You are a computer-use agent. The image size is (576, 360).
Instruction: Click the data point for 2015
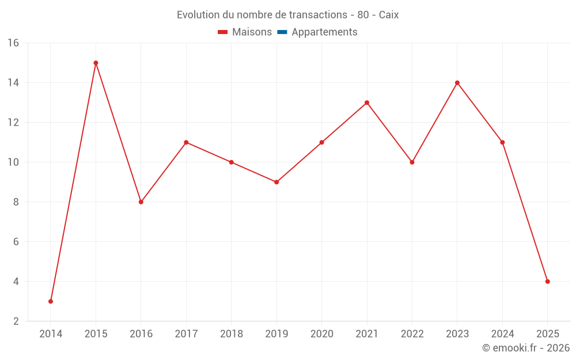[96, 63]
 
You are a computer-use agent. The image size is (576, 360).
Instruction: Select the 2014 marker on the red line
[51, 301]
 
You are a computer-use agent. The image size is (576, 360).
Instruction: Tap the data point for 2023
[457, 83]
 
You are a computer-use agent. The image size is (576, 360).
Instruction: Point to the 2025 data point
[547, 282]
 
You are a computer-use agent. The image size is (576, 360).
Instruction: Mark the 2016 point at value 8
[141, 202]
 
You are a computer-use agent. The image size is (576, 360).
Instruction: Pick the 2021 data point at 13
[367, 103]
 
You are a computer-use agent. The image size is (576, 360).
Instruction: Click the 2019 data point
[276, 182]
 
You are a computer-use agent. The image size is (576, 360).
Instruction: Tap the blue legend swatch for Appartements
[282, 32]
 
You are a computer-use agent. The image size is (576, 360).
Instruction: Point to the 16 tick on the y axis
[13, 43]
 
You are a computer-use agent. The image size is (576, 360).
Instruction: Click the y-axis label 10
[13, 162]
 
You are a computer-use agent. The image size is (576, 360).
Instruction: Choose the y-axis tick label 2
[16, 321]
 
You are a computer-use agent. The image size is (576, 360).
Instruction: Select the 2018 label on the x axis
[231, 334]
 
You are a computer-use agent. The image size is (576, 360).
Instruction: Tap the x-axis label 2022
[412, 334]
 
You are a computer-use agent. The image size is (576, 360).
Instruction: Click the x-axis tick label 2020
[321, 334]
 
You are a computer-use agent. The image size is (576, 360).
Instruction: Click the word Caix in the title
[389, 15]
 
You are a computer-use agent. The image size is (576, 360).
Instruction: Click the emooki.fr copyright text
[526, 348]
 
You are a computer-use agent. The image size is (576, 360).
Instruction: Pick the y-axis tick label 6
[16, 242]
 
